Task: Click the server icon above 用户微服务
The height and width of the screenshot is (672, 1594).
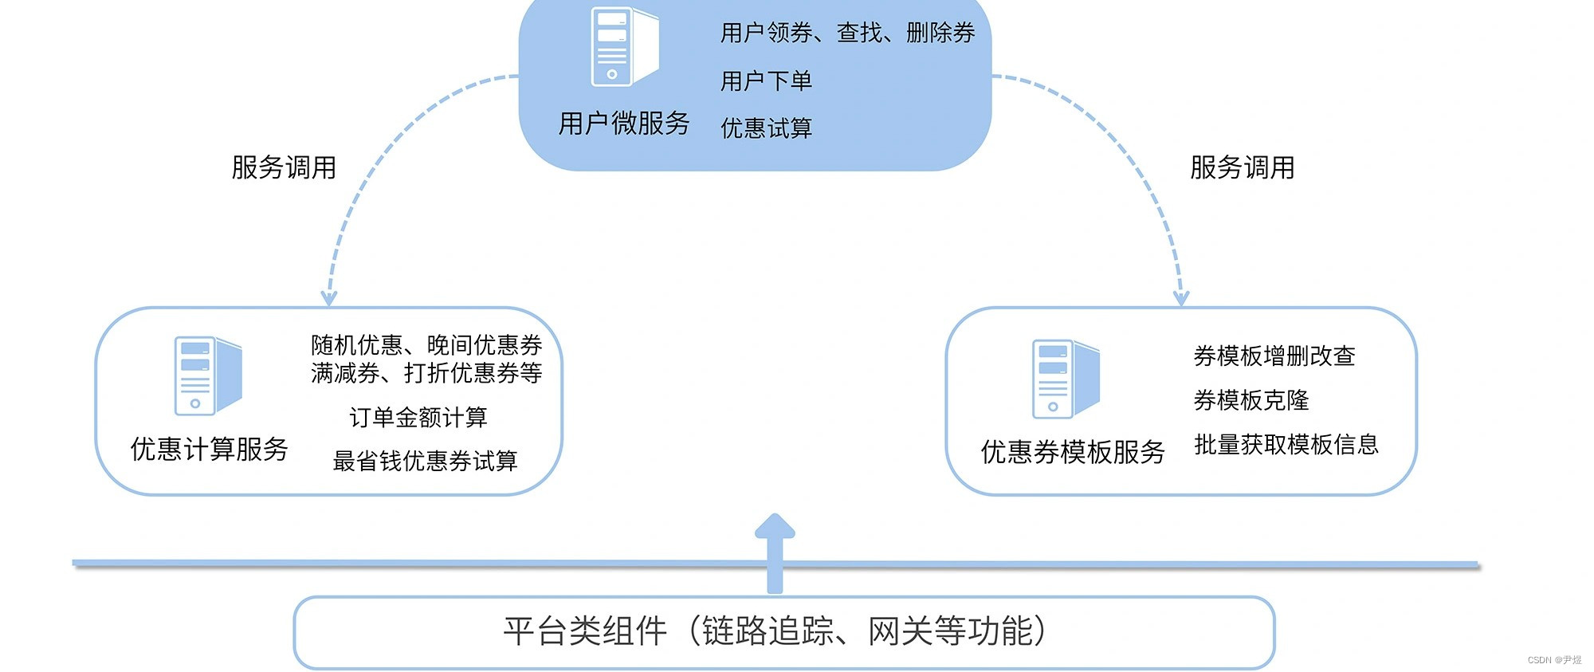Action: coord(623,46)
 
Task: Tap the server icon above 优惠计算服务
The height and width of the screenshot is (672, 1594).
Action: coord(207,375)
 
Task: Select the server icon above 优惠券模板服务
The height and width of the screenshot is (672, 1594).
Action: coord(1065,379)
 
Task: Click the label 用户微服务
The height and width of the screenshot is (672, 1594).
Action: coord(623,124)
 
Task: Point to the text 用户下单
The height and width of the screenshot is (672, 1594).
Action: coord(766,81)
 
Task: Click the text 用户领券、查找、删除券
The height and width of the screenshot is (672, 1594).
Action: coord(847,33)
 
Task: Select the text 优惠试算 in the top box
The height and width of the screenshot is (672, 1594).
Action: coord(766,128)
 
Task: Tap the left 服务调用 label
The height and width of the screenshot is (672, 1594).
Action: coord(284,167)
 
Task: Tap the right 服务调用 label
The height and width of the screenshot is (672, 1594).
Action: coord(1242,167)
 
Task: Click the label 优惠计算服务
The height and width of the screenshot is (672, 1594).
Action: coord(209,449)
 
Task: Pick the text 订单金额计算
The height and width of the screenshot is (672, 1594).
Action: coord(418,417)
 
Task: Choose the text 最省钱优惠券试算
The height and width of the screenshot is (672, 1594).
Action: coord(425,461)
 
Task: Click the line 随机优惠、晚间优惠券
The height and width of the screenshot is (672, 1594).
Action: coord(426,345)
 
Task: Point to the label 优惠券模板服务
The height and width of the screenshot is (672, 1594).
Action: coord(1073,452)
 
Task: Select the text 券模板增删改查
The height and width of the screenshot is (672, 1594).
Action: coord(1274,356)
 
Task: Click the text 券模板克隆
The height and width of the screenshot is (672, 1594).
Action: coord(1251,400)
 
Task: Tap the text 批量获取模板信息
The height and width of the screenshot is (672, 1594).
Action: coord(1286,444)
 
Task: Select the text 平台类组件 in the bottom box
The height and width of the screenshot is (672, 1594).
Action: coord(585,631)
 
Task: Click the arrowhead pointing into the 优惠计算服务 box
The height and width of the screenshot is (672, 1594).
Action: coord(328,298)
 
